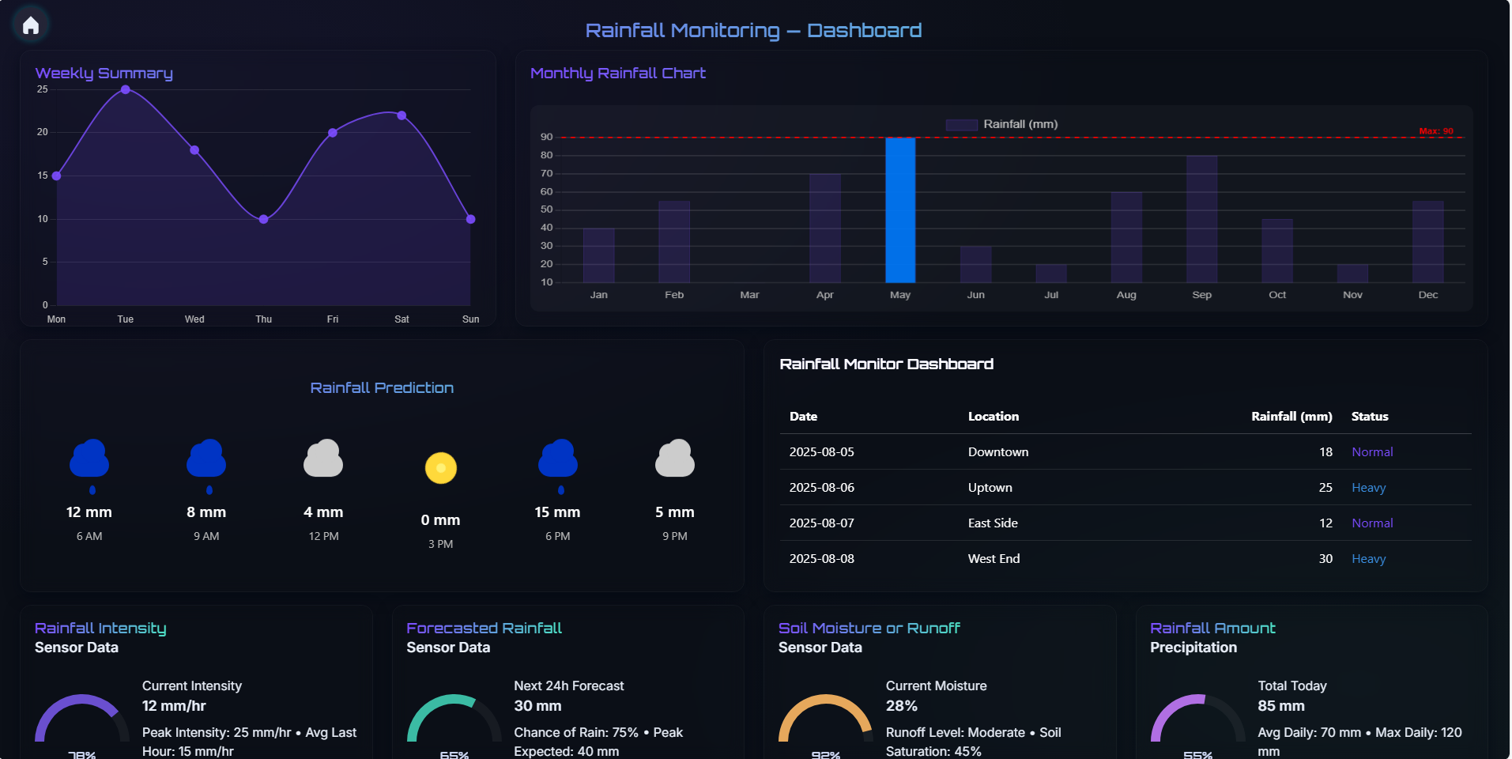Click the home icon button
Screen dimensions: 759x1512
pos(31,25)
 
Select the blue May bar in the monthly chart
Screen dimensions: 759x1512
pos(900,210)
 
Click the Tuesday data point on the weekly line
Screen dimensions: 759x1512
pos(126,89)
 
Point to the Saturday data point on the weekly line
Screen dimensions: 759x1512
pos(402,115)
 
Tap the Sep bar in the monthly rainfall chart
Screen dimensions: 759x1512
pos(1201,219)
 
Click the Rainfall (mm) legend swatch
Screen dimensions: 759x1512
pos(961,124)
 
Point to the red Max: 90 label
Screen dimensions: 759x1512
pos(1435,131)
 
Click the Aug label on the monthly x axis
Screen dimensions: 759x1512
pos(1126,295)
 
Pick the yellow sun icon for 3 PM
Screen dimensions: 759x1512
pos(441,467)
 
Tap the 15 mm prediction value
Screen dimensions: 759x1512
pos(557,512)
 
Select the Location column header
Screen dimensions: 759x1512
pos(994,417)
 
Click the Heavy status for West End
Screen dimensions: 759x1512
pos(1368,559)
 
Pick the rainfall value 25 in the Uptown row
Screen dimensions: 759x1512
pos(1325,488)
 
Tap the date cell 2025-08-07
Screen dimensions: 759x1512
pos(821,523)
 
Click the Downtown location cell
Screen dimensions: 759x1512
pos(998,452)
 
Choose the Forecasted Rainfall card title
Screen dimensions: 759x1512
pos(484,628)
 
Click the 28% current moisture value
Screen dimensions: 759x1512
pos(901,706)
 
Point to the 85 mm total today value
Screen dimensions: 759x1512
pos(1280,706)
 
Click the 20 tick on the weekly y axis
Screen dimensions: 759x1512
pos(43,132)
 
